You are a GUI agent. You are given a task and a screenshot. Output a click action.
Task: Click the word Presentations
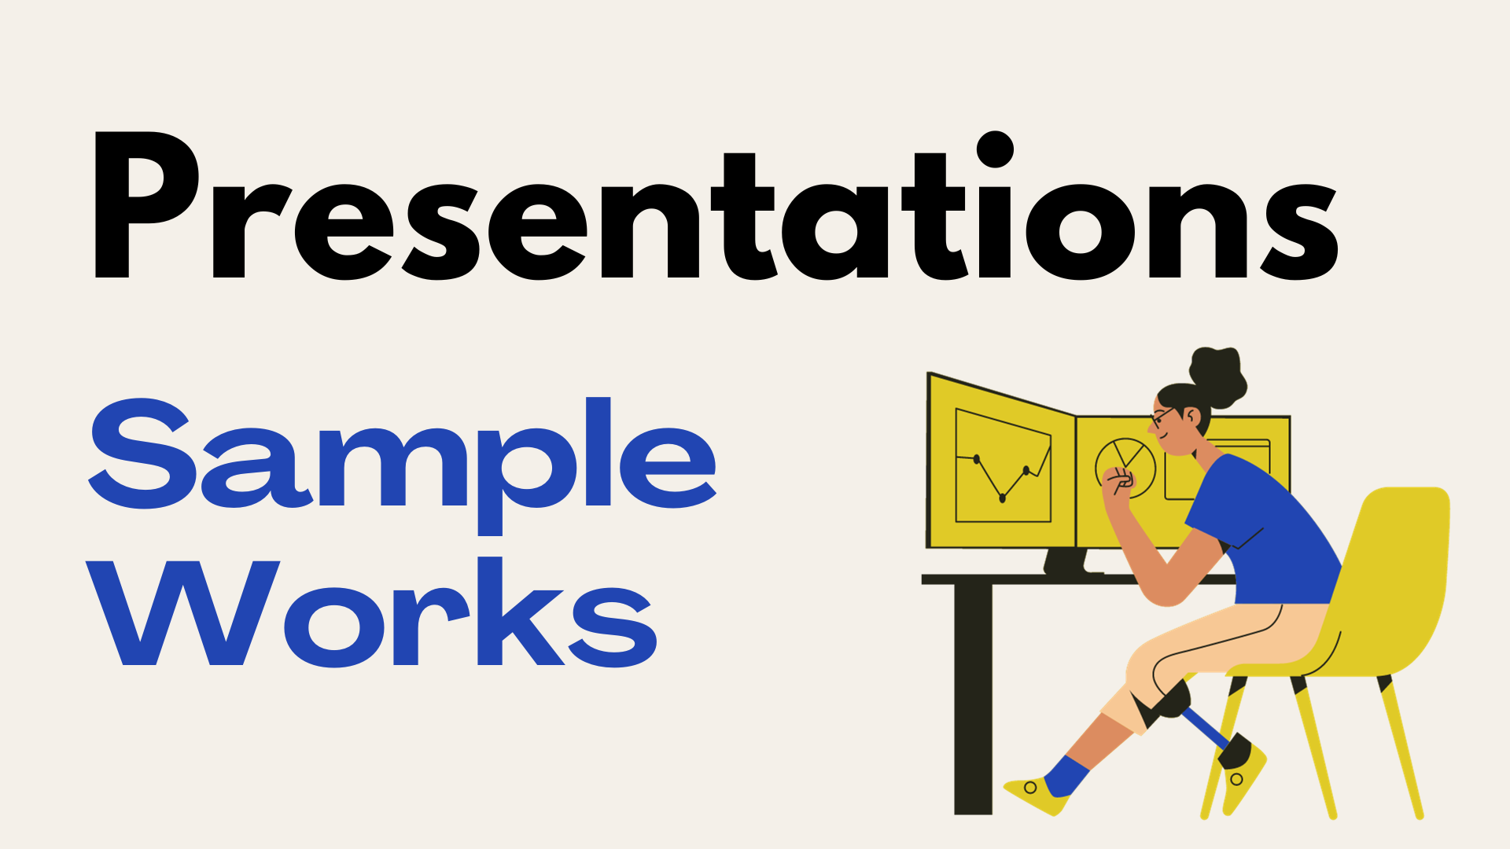(x=716, y=206)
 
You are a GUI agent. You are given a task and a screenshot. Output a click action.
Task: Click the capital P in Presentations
(x=146, y=204)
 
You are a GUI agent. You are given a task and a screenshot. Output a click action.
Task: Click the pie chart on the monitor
(x=1125, y=469)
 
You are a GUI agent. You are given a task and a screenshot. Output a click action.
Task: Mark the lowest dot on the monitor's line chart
(x=1002, y=498)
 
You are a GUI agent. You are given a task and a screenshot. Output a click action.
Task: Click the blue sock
(x=1066, y=775)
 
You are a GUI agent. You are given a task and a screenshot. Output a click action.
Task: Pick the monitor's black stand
(x=1066, y=561)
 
